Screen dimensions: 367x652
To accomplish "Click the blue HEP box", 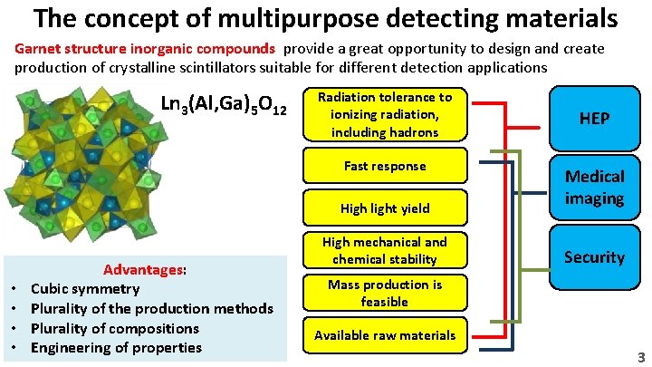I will [x=594, y=119].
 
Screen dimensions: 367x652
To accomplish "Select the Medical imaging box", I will [x=594, y=188].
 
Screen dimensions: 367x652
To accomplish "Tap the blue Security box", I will [x=594, y=256].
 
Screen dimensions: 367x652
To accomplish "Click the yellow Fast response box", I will [x=385, y=167].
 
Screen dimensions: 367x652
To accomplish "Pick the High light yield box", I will [x=385, y=208].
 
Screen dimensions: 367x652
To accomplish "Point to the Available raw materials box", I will [x=385, y=335].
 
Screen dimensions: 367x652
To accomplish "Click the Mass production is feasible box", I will [x=385, y=293].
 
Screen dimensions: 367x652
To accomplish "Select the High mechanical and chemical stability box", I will [x=385, y=250].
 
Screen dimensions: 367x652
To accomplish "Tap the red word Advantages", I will [x=144, y=269].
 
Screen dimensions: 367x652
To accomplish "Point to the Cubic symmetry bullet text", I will [x=85, y=289].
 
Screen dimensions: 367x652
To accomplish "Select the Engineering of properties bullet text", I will [x=115, y=348].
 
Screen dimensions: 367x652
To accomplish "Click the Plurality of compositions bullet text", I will [x=115, y=328].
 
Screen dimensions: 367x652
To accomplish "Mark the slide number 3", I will [x=640, y=357].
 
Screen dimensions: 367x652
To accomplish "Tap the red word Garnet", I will [x=39, y=48].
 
